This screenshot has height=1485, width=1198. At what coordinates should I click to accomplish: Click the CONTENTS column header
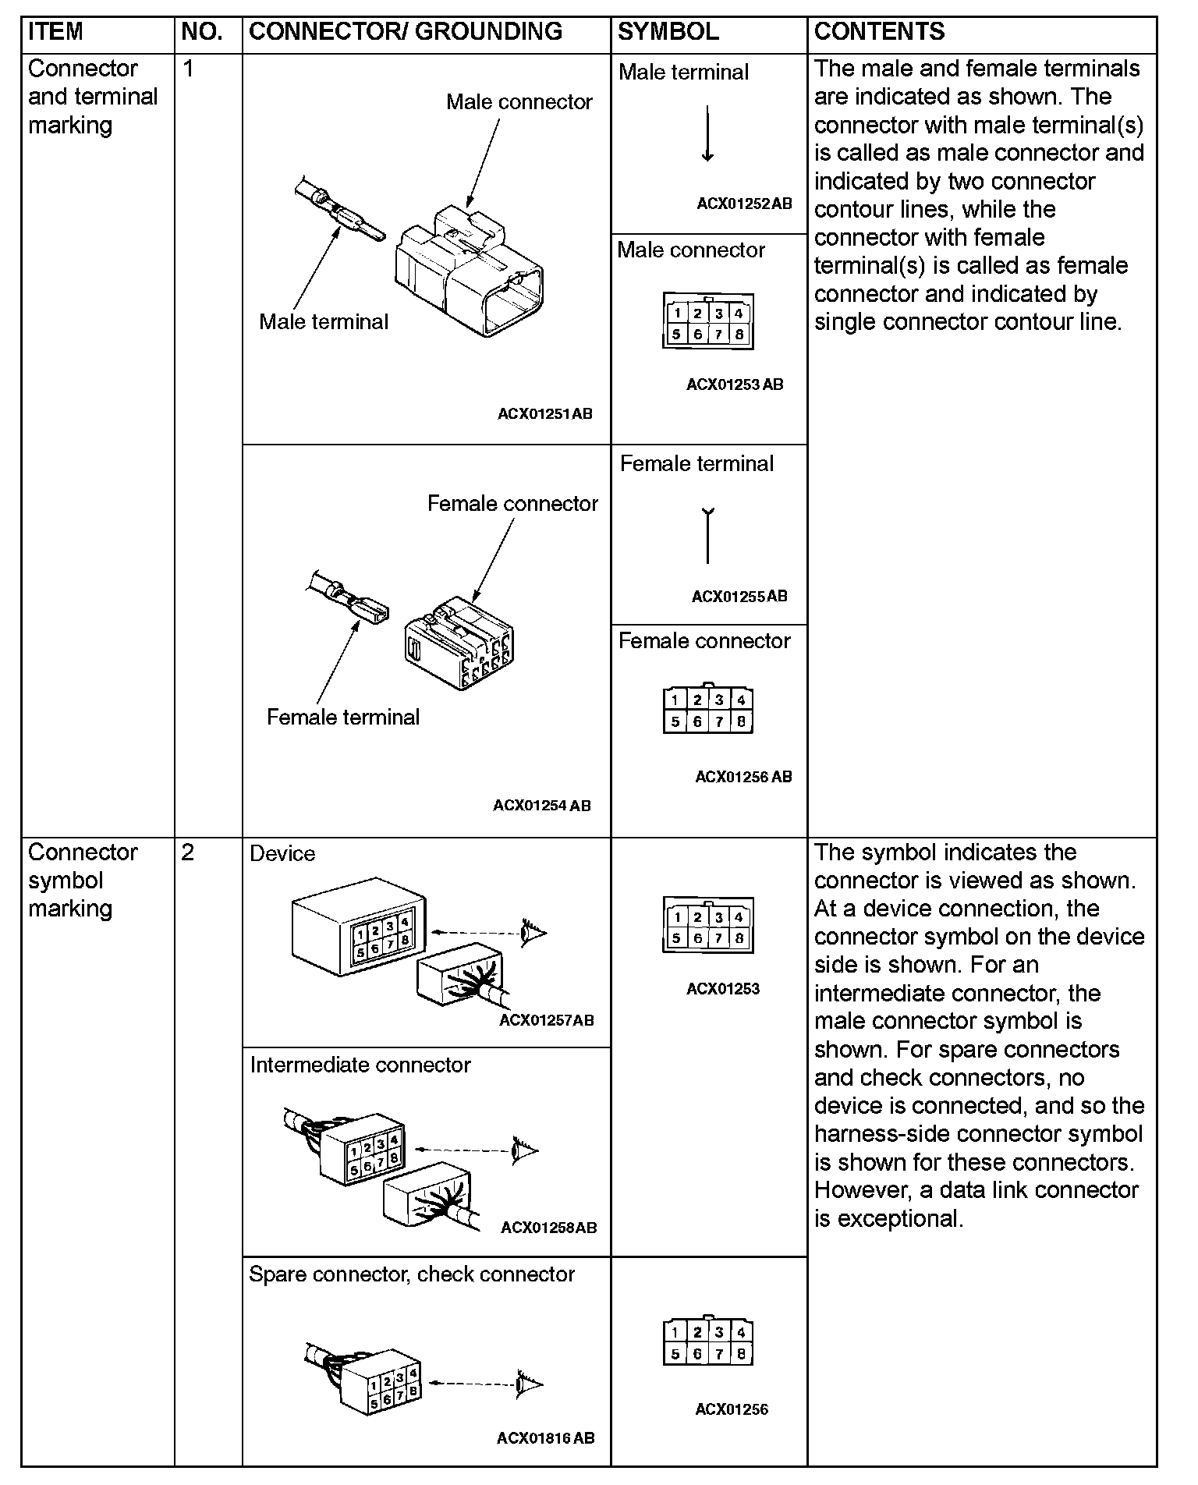tap(879, 31)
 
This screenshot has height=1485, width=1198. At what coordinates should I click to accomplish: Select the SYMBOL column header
tap(668, 31)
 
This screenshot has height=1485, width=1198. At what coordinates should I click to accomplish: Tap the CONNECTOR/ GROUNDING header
tap(405, 31)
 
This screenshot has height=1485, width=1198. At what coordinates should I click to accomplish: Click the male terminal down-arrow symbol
tap(707, 133)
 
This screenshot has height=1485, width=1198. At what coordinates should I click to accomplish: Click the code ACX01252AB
tap(744, 204)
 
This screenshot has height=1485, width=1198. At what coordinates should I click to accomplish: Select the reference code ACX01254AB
tap(542, 806)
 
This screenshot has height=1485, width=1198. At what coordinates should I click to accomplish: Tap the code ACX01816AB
tap(545, 1437)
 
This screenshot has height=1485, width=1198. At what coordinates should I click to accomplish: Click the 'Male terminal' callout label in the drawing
tap(323, 321)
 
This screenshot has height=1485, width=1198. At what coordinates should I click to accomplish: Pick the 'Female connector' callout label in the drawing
tap(512, 504)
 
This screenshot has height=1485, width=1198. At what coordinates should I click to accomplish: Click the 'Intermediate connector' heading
tap(360, 1065)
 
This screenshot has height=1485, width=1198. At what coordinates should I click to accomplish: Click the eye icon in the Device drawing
tap(534, 931)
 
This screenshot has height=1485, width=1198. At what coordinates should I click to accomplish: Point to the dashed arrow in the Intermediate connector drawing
tap(460, 1149)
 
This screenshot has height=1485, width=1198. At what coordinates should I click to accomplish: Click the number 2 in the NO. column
tap(188, 852)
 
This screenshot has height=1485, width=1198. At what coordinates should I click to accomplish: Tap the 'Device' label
tap(282, 854)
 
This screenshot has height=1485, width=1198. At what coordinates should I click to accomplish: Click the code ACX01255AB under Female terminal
tap(739, 597)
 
